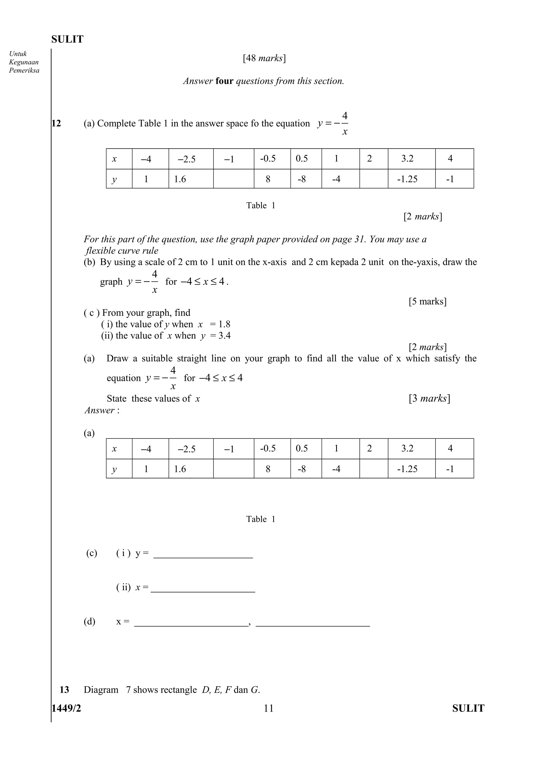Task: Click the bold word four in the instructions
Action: [x=224, y=81]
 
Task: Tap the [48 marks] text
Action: [x=264, y=58]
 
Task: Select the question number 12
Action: [x=57, y=123]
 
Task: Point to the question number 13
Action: [x=64, y=690]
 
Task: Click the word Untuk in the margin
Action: [x=18, y=53]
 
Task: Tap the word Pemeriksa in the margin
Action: [x=24, y=70]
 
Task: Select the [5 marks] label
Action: [x=427, y=301]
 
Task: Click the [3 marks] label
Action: [x=429, y=398]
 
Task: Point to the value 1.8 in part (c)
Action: [x=224, y=324]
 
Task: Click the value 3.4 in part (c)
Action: [x=225, y=336]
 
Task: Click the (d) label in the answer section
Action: [x=89, y=621]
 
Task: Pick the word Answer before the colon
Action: [x=100, y=410]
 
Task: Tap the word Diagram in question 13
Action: [x=101, y=690]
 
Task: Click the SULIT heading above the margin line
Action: [x=67, y=39]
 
